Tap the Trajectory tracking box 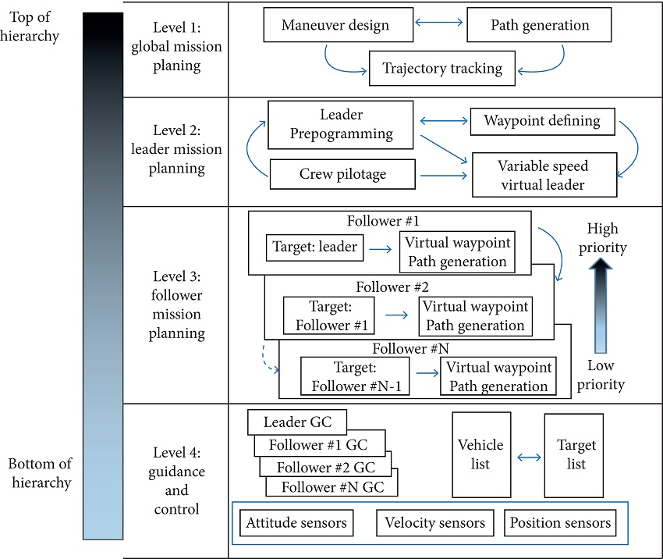pos(442,69)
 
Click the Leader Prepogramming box pos(342,124)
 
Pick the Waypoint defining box pos(542,121)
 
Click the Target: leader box pos(315,247)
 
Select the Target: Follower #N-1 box pos(356,377)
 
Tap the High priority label pos(604,238)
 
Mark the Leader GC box pos(297,422)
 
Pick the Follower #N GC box pos(331,487)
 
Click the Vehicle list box pos(480,454)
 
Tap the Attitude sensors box pos(296,523)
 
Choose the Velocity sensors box pos(434,523)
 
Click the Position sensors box pos(560,523)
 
